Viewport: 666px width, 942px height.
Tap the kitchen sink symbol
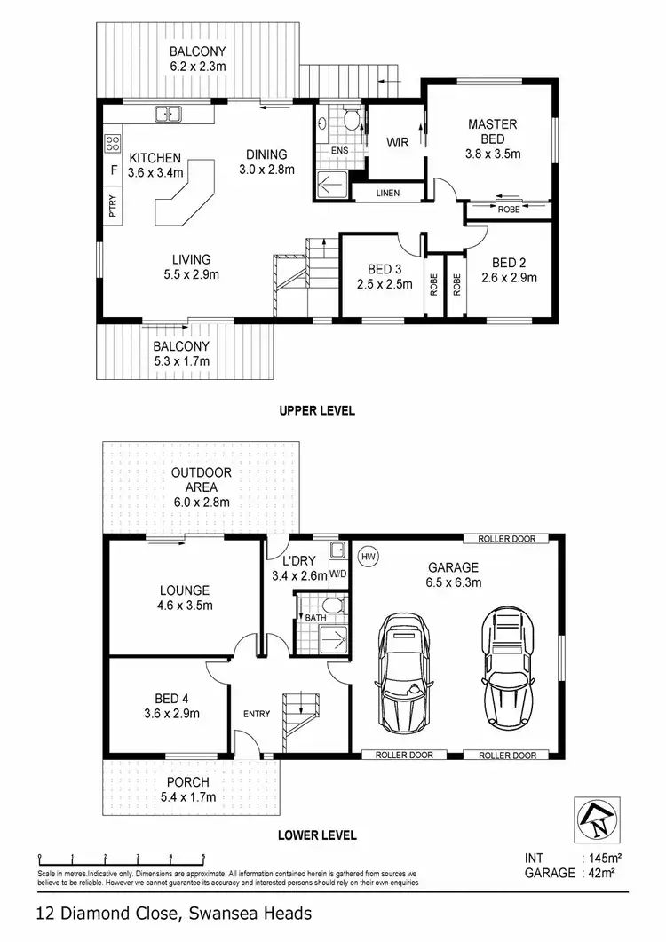click(x=167, y=114)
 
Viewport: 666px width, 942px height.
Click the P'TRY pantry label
click(x=113, y=205)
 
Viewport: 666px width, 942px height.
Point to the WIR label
click(x=396, y=142)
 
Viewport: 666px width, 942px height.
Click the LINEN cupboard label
click(x=387, y=193)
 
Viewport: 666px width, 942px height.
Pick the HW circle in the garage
click(x=367, y=557)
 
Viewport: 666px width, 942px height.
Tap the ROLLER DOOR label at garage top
click(x=507, y=539)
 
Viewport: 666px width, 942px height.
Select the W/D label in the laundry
click(x=337, y=573)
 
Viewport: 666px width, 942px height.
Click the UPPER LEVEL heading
click(x=317, y=410)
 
